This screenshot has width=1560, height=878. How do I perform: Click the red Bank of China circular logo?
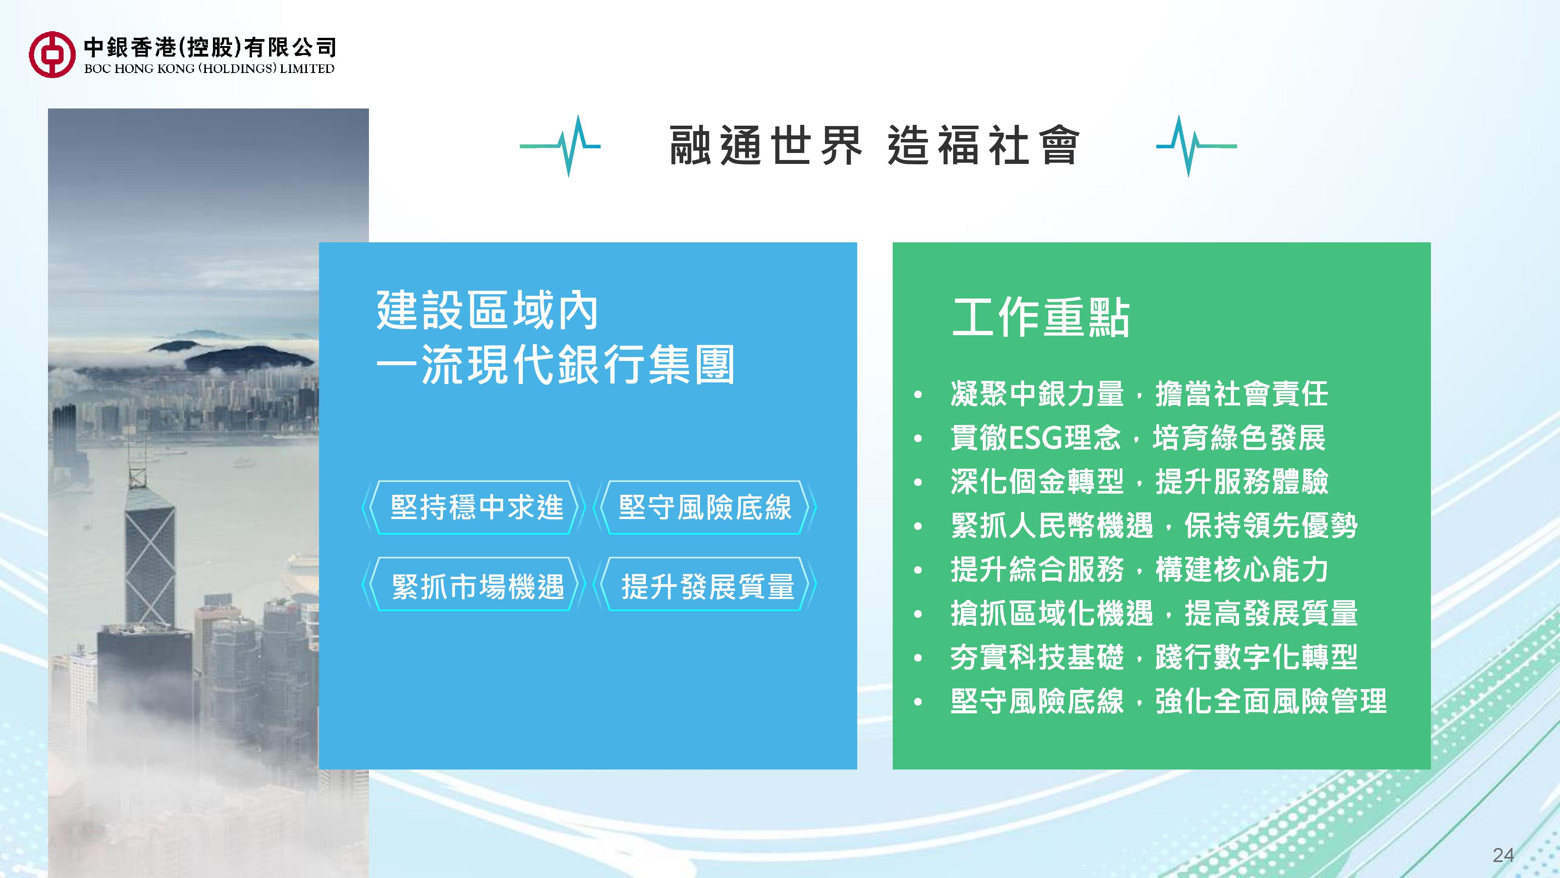[52, 55]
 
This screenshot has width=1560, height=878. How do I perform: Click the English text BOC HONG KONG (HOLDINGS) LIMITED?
[209, 68]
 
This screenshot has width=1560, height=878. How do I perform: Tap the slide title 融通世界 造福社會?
[874, 146]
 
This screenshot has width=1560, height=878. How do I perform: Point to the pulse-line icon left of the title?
[560, 146]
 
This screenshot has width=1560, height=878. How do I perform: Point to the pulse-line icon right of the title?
[1196, 146]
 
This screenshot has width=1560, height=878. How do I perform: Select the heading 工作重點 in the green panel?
[1041, 317]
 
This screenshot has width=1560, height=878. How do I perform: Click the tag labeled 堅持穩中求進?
[473, 507]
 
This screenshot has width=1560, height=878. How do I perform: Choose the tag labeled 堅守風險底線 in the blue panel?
[705, 507]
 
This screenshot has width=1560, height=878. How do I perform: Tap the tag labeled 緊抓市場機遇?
[473, 584]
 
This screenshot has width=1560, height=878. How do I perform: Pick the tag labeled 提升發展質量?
[705, 584]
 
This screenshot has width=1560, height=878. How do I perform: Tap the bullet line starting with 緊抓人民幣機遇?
[1154, 525]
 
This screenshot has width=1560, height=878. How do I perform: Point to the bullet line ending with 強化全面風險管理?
[1168, 701]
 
